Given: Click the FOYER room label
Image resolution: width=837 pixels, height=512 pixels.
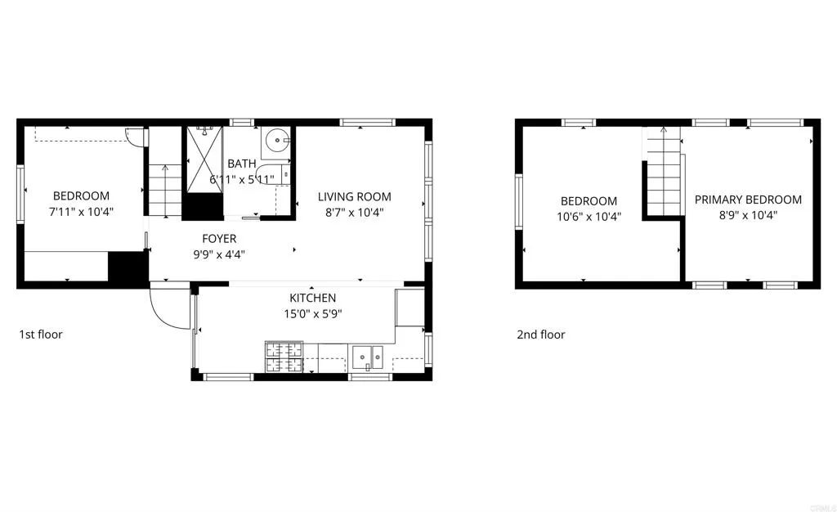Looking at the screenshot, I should (x=219, y=239).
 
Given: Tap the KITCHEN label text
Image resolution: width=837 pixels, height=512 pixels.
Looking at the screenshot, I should (x=312, y=299).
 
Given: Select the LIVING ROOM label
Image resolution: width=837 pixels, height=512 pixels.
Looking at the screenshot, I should (x=354, y=196).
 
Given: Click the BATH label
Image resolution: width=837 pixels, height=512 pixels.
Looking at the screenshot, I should (x=241, y=164).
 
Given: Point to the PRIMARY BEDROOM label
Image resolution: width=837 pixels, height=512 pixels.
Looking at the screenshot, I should (x=748, y=200).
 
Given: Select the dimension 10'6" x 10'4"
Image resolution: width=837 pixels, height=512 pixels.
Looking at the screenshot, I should (x=588, y=217).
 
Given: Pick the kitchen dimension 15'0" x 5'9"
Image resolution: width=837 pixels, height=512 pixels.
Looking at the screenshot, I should (x=312, y=313).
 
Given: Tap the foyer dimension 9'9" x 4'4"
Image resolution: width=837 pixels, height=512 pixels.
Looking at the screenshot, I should (x=219, y=254).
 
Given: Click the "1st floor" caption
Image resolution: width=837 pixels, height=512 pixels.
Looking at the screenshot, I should (x=41, y=335).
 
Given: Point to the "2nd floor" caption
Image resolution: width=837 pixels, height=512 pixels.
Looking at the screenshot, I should (x=540, y=335).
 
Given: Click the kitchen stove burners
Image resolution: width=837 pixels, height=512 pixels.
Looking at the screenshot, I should (x=283, y=356).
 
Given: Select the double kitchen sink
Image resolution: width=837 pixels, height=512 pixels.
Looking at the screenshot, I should (x=368, y=356).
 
